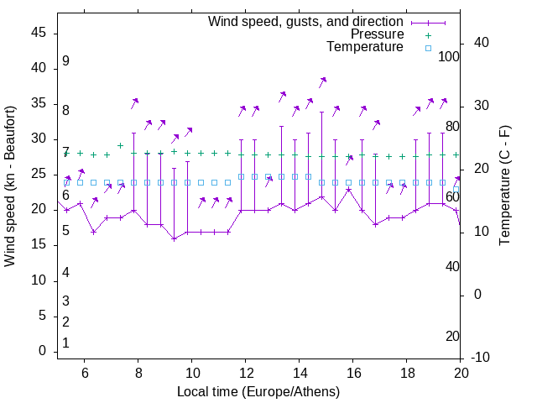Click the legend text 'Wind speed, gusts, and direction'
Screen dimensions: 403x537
pyautogui.click(x=306, y=21)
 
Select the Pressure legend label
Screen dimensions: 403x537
pyautogui.click(x=377, y=34)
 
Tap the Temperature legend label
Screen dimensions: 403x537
pyautogui.click(x=365, y=47)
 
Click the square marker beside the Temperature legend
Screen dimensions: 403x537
pyautogui.click(x=428, y=48)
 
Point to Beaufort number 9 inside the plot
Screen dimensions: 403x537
pyautogui.click(x=65, y=61)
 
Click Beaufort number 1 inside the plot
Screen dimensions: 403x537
pyautogui.click(x=65, y=343)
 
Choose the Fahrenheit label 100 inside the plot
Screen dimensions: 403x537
pyautogui.click(x=450, y=57)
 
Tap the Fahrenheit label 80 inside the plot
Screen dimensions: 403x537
pyautogui.click(x=452, y=127)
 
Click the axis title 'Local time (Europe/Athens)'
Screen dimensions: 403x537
pyautogui.click(x=258, y=391)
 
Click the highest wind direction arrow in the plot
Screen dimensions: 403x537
pyautogui.click(x=322, y=81)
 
